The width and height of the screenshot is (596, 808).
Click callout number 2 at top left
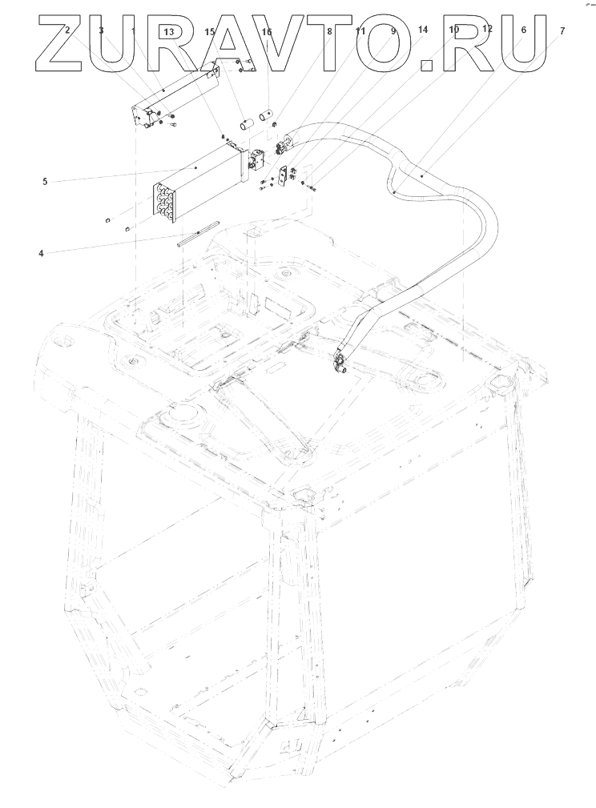(67, 30)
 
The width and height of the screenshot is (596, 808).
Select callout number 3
(101, 30)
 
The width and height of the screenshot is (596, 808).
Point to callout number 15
(210, 32)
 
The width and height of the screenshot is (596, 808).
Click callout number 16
(267, 32)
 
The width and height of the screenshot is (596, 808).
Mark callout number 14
(423, 29)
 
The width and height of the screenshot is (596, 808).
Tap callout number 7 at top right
(562, 30)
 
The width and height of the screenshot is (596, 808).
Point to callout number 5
(46, 181)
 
